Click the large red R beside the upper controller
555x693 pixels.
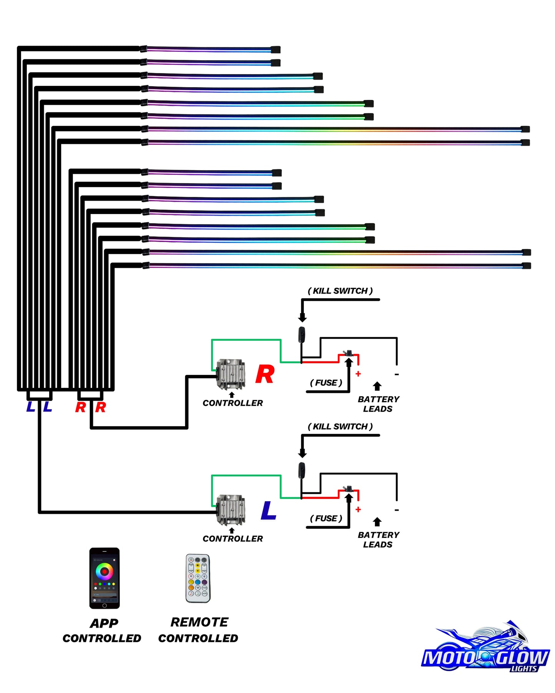pyautogui.click(x=265, y=374)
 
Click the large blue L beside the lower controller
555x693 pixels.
pyautogui.click(x=268, y=510)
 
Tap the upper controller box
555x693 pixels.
pyautogui.click(x=230, y=374)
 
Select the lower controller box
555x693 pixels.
pyautogui.click(x=230, y=510)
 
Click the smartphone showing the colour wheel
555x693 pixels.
pyautogui.click(x=104, y=578)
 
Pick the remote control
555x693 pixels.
pyautogui.click(x=198, y=578)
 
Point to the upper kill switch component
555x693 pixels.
pyautogui.click(x=302, y=335)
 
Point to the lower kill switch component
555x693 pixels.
pyautogui.click(x=302, y=470)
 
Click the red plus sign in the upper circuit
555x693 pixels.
pyautogui.click(x=358, y=374)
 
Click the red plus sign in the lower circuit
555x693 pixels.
pyautogui.click(x=358, y=510)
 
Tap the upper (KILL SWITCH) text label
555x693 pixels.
pyautogui.click(x=340, y=291)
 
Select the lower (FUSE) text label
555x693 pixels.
pyautogui.click(x=326, y=518)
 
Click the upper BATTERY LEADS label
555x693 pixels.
pyautogui.click(x=378, y=404)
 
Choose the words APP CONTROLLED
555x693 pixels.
pyautogui.click(x=102, y=631)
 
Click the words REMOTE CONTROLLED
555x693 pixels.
pyautogui.click(x=198, y=630)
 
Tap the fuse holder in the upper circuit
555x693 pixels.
pyautogui.click(x=348, y=353)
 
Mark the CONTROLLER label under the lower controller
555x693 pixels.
pyautogui.click(x=233, y=539)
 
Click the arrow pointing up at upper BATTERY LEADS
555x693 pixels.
pyautogui.click(x=377, y=386)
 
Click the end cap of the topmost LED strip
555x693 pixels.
pyautogui.click(x=275, y=49)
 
